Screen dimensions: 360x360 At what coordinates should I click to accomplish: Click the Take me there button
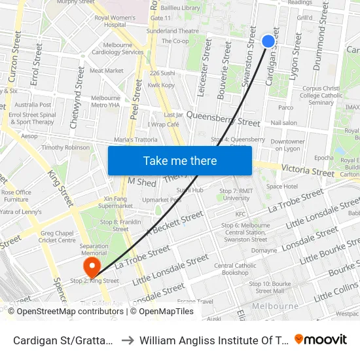click(179, 160)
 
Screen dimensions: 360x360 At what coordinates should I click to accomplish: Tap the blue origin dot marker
click(268, 41)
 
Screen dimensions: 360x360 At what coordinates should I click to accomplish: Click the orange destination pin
click(91, 266)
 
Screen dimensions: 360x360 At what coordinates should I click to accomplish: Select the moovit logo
click(321, 339)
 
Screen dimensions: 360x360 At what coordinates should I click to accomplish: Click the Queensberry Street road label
click(223, 118)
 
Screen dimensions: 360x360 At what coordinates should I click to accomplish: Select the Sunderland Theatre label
click(173, 31)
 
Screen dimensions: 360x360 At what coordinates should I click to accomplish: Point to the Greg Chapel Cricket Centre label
click(58, 236)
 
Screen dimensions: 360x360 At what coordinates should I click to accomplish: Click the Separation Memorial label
click(94, 249)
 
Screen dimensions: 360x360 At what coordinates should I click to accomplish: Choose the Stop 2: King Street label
click(94, 281)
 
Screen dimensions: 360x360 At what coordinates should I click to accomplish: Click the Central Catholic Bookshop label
click(235, 269)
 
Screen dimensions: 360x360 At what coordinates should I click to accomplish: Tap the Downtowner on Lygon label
click(288, 145)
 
